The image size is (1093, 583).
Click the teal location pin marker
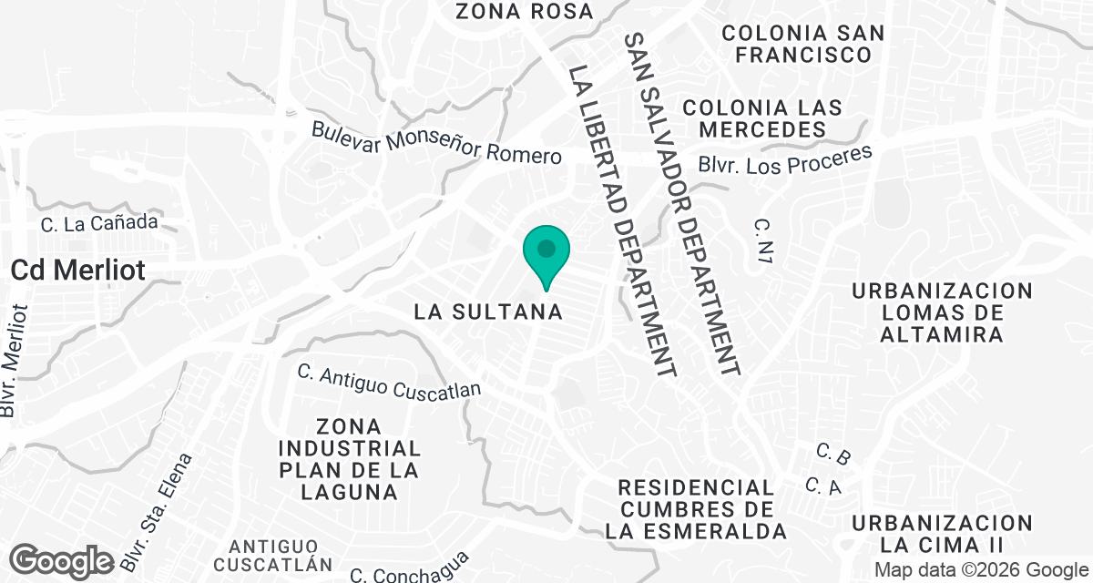[x=546, y=253]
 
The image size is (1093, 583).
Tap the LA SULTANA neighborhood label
[x=487, y=312]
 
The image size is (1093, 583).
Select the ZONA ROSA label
[x=524, y=12]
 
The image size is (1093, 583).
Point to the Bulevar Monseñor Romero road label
[x=436, y=142]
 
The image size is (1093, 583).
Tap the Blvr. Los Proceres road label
[x=785, y=160]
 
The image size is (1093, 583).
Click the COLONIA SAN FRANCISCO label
[x=802, y=44]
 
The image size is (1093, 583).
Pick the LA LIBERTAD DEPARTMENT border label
[x=622, y=220]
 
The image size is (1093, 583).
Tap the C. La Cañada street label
[x=100, y=221]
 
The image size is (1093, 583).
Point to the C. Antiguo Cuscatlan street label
[x=389, y=381]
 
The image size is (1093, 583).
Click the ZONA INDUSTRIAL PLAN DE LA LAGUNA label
[x=351, y=459]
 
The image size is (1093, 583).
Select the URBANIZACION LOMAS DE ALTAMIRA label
[x=942, y=312]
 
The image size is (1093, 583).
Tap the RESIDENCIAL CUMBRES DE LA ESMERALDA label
[x=695, y=509]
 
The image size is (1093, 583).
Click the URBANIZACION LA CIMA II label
[x=942, y=534]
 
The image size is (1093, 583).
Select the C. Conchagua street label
[x=409, y=568]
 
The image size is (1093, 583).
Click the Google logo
[x=62, y=559]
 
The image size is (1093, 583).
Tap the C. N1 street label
[x=763, y=241]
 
